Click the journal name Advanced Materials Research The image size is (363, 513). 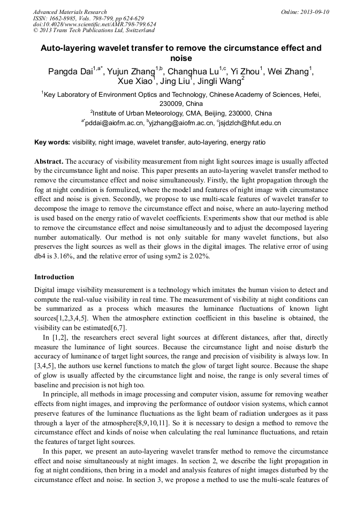pos(70,12)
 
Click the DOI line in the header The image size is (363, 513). pos(94,24)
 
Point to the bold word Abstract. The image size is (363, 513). pos(49,161)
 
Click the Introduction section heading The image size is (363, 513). pos(54,277)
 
